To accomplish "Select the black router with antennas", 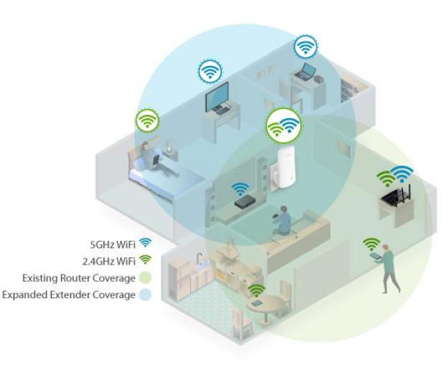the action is click(396, 196).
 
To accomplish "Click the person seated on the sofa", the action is click(282, 221).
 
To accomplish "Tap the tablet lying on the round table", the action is click(257, 303).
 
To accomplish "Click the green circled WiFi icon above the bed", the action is click(147, 120).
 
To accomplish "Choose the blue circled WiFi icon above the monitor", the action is click(210, 72).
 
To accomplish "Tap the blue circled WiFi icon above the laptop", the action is click(305, 47).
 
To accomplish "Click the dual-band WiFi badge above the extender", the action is click(284, 125).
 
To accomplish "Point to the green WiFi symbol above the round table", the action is click(256, 290).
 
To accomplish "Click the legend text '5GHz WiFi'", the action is click(113, 244).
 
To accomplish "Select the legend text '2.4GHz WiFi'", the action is click(108, 261).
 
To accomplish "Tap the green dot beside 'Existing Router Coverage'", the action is click(145, 278).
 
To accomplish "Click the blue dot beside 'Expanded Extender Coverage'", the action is click(145, 295).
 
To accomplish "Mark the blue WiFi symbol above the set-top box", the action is click(240, 189).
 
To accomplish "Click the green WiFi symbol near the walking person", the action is click(371, 244).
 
